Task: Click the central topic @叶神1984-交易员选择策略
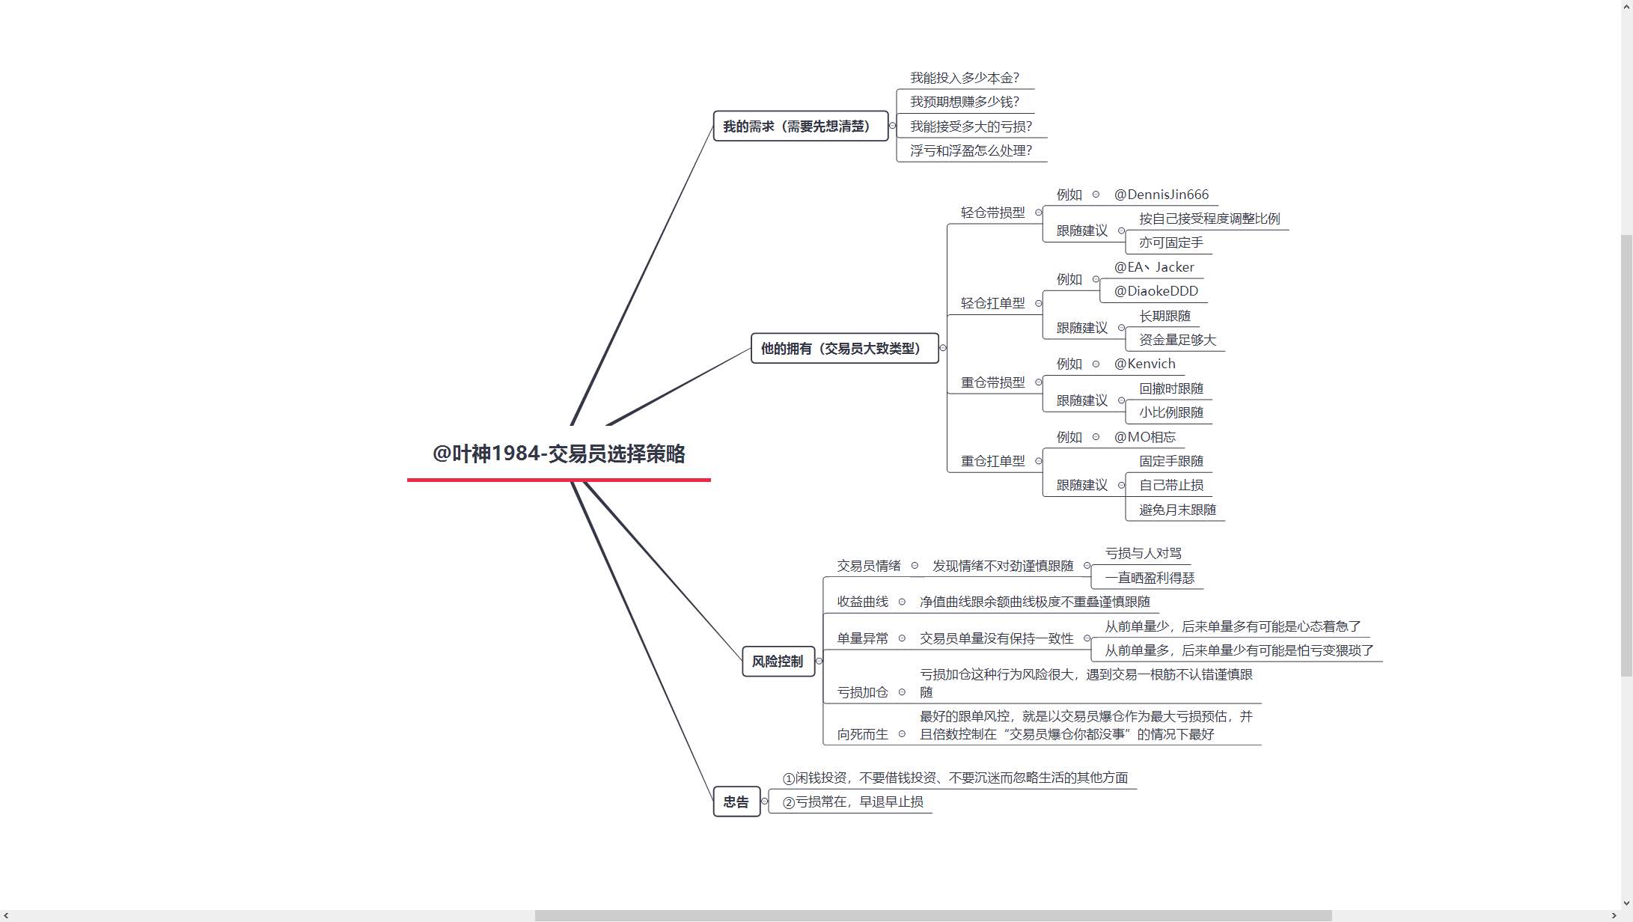coord(558,454)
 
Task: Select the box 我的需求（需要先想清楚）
coord(800,126)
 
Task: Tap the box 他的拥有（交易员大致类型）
coord(844,348)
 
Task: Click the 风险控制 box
coord(778,661)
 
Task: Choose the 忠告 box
coord(736,802)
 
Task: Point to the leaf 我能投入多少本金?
coord(965,78)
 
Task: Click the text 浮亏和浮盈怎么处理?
coord(971,150)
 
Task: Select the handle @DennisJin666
coord(1162,195)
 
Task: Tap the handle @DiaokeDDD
coord(1156,291)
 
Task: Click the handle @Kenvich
coord(1145,364)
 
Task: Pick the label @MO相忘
coord(1145,437)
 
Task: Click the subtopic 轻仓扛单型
coord(993,303)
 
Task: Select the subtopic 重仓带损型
coord(993,382)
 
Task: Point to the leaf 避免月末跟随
coord(1178,510)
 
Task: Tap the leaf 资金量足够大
coord(1178,340)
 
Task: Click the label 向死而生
coord(863,734)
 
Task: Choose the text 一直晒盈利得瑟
coord(1150,578)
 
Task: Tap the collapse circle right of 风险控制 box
coord(819,661)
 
